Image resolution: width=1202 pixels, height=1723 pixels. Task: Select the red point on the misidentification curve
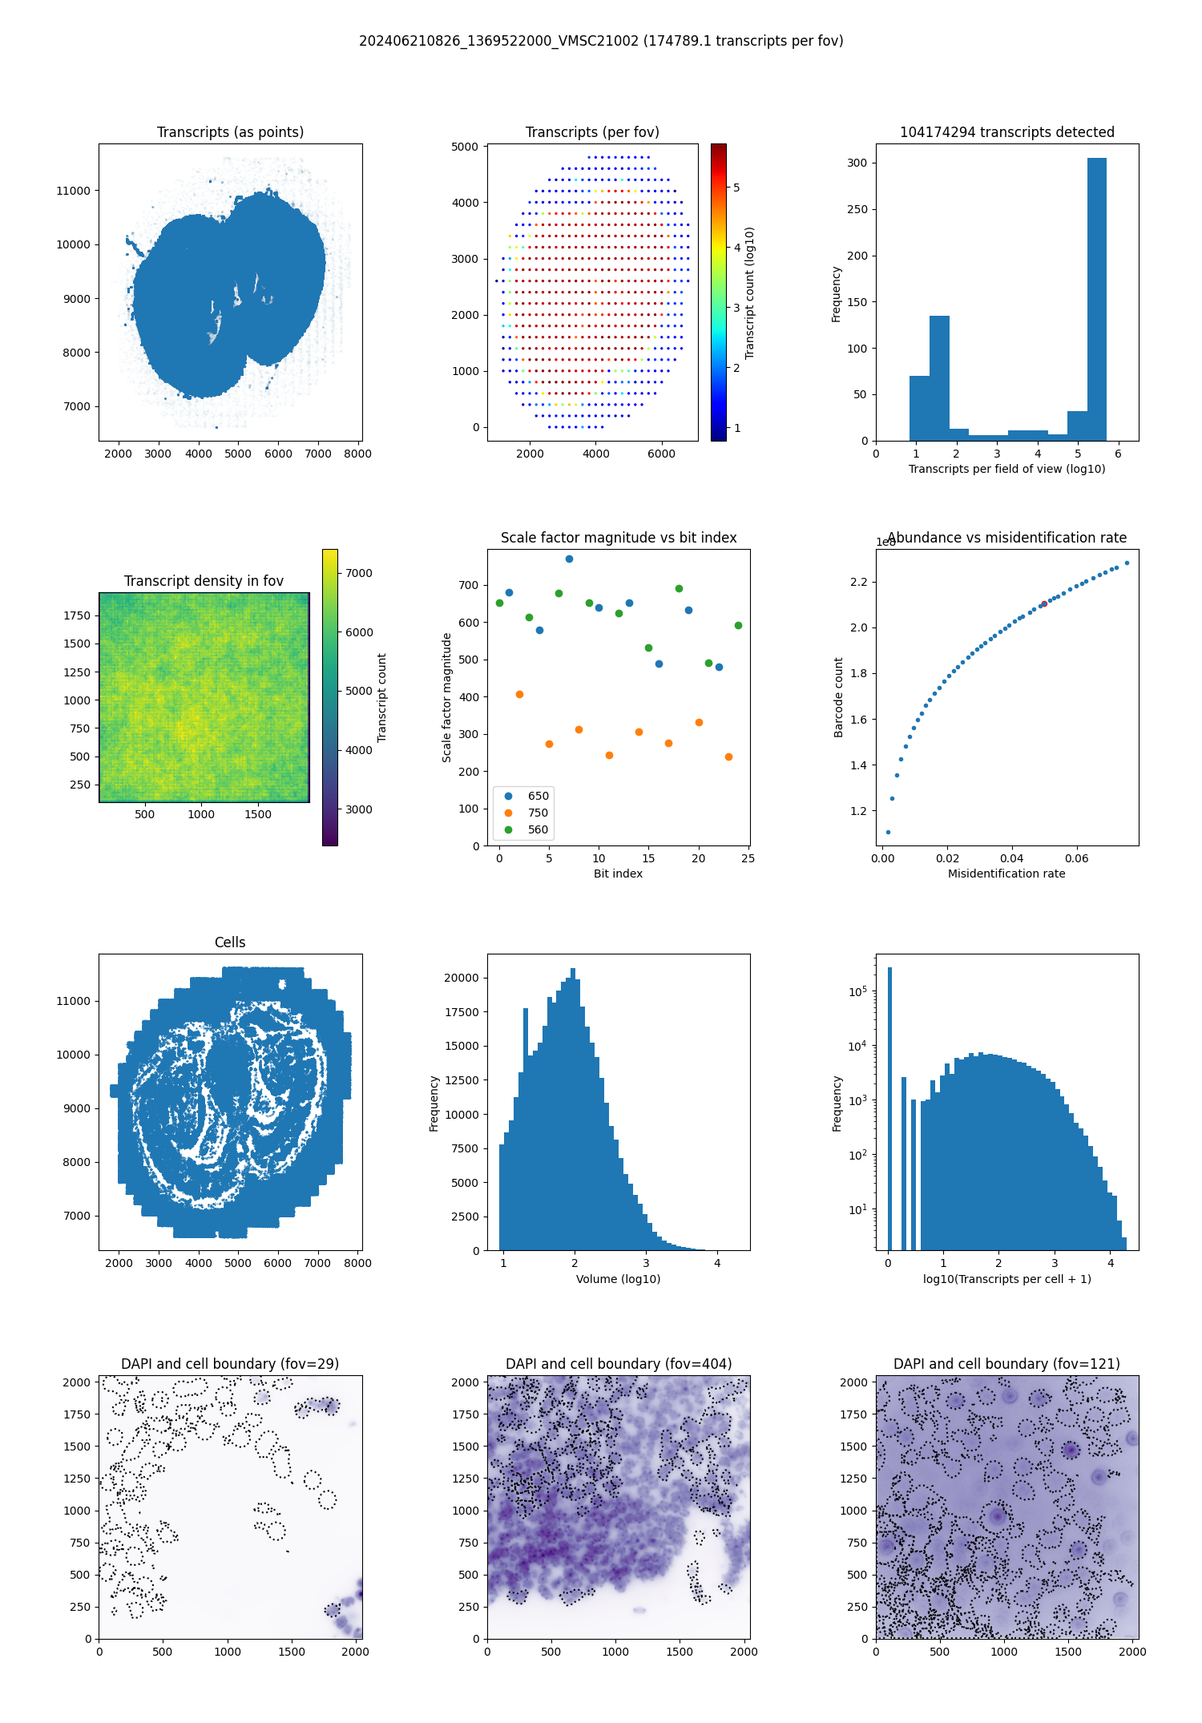[1044, 603]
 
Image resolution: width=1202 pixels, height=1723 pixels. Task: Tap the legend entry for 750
[538, 813]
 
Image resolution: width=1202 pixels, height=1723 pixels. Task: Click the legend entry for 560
[538, 829]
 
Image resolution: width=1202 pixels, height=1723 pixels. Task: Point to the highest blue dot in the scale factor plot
[569, 559]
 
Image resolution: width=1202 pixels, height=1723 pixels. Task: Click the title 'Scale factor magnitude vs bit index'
[619, 538]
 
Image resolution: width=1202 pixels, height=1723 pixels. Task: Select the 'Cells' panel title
[230, 942]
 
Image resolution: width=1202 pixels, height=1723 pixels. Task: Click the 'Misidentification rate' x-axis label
[1006, 874]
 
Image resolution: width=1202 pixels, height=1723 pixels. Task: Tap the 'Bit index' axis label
[618, 874]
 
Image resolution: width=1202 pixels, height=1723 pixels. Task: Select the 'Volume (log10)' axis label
[618, 1279]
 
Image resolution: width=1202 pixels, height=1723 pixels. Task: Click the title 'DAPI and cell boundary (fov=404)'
[619, 1364]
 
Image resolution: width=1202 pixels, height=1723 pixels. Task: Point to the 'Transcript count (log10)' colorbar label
[750, 293]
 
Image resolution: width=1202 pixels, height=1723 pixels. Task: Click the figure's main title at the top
[601, 41]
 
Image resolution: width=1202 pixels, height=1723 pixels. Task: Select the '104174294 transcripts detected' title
[1007, 132]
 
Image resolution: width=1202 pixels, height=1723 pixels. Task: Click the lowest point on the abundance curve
[888, 832]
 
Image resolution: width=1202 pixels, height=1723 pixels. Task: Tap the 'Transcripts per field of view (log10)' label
[1006, 469]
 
